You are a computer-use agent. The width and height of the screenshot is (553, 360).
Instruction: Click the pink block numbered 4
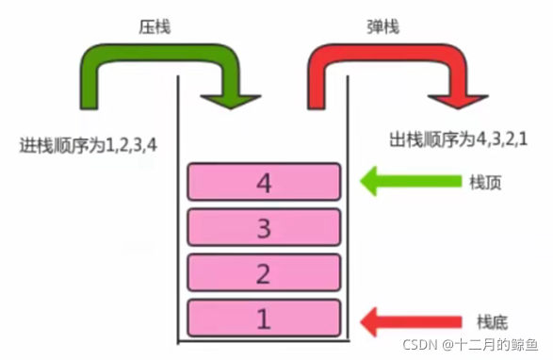(x=264, y=182)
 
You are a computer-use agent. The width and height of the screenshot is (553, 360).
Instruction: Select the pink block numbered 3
(x=264, y=227)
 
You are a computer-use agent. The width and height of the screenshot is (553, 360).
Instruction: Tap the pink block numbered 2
(x=264, y=272)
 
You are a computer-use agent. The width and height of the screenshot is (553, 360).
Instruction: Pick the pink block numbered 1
(x=264, y=318)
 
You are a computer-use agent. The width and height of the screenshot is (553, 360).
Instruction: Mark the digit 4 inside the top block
(x=264, y=182)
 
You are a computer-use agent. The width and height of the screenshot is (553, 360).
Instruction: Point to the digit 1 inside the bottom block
(x=264, y=318)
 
